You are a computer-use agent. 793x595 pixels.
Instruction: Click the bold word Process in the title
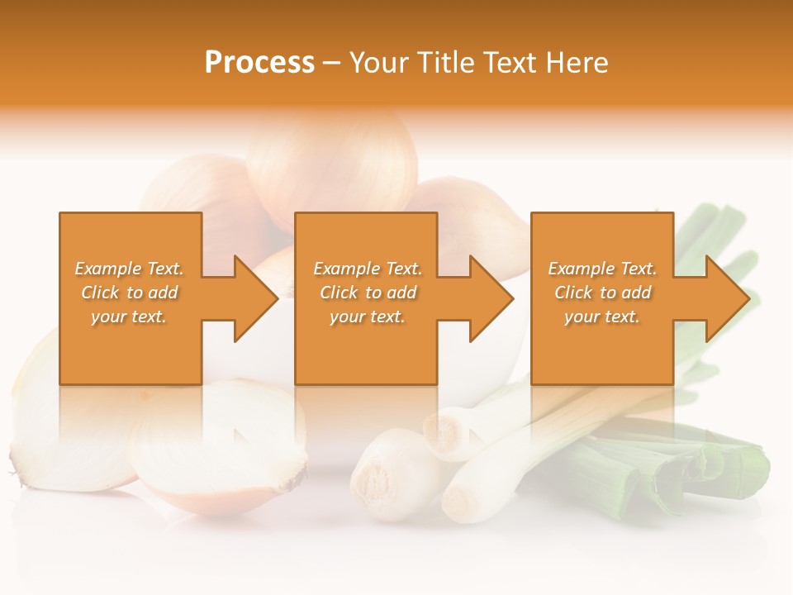point(259,63)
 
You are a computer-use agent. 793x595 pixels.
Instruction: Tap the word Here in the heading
point(575,63)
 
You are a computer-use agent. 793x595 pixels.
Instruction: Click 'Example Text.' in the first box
point(129,269)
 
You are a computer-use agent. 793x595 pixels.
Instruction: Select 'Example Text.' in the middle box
point(368,269)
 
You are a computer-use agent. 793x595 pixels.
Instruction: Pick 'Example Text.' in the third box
point(602,269)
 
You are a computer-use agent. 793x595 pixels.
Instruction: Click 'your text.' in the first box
point(129,317)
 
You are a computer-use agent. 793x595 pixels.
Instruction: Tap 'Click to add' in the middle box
point(368,293)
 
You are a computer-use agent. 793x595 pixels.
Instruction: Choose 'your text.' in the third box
point(602,317)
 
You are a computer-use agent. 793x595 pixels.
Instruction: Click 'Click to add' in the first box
point(129,293)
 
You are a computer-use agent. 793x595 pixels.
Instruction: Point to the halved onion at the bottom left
point(219,450)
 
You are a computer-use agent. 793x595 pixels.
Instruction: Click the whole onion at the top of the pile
point(330,161)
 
